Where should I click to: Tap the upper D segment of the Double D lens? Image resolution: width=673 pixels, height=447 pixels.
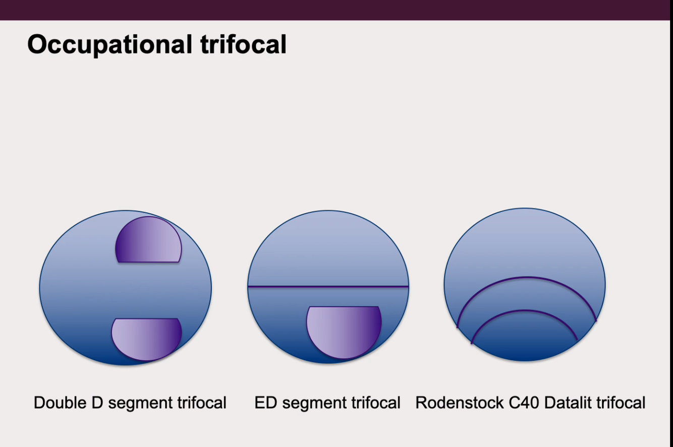coord(148,240)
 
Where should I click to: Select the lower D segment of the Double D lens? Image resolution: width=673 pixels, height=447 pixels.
coord(146,338)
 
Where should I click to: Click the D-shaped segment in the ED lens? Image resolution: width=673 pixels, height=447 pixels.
coord(344,330)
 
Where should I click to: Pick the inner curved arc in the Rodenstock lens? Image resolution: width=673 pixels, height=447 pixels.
coord(525,310)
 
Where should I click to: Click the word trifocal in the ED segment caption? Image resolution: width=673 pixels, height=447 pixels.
coord(376,403)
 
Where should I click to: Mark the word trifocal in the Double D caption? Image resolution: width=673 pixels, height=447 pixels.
coord(202,403)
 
